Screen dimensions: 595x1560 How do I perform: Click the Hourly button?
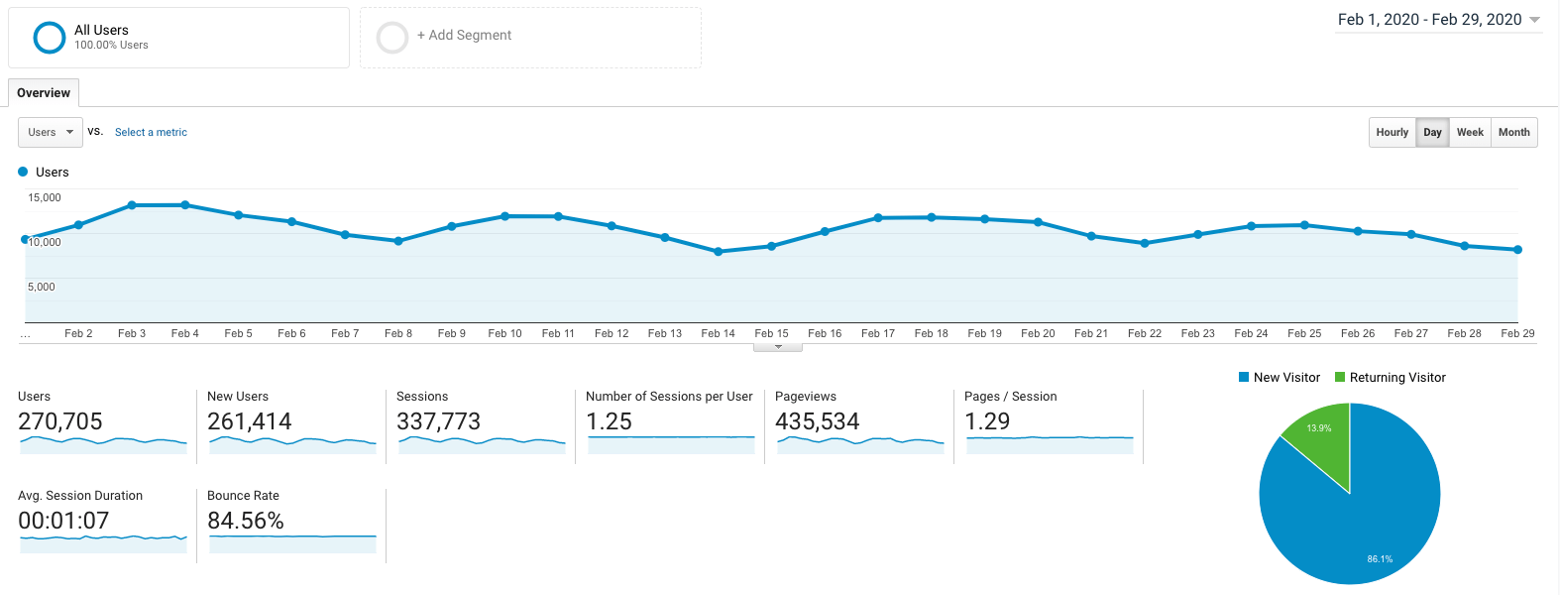(1392, 132)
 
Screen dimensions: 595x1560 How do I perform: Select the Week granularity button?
(1470, 132)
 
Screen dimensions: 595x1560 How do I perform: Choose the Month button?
(1513, 132)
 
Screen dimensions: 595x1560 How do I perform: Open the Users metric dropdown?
(51, 132)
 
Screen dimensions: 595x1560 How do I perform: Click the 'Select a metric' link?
(151, 132)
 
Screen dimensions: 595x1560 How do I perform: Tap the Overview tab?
(44, 93)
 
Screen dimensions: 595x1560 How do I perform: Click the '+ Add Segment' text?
(464, 35)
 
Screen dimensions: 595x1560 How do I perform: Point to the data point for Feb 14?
(719, 252)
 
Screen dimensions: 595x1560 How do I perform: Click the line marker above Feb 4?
(185, 205)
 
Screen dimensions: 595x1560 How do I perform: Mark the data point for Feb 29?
(1517, 250)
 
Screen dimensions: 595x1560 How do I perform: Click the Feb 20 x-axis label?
(1038, 333)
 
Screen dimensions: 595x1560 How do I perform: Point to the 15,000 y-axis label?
(45, 197)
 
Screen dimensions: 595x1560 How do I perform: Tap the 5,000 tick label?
(42, 287)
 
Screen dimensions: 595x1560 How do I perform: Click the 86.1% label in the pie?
(1380, 559)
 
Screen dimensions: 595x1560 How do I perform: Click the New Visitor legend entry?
(1280, 378)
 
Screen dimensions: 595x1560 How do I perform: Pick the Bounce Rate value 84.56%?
(246, 521)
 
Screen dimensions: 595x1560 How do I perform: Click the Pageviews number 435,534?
(817, 421)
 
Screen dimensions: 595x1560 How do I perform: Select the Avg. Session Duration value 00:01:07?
(63, 521)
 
